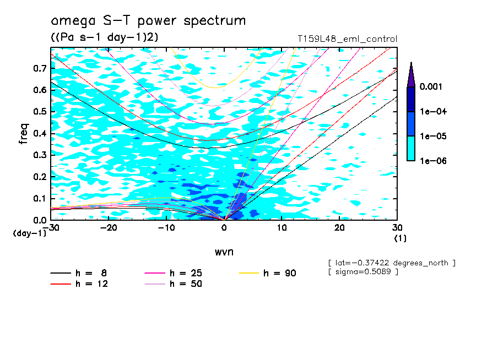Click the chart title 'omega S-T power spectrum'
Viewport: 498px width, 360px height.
point(148,21)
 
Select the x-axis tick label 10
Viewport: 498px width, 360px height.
point(282,227)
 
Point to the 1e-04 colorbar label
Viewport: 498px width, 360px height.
point(432,112)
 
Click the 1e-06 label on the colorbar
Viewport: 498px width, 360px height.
point(432,161)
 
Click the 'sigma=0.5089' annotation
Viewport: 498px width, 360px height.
point(362,272)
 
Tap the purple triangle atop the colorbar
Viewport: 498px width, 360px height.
point(411,74)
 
